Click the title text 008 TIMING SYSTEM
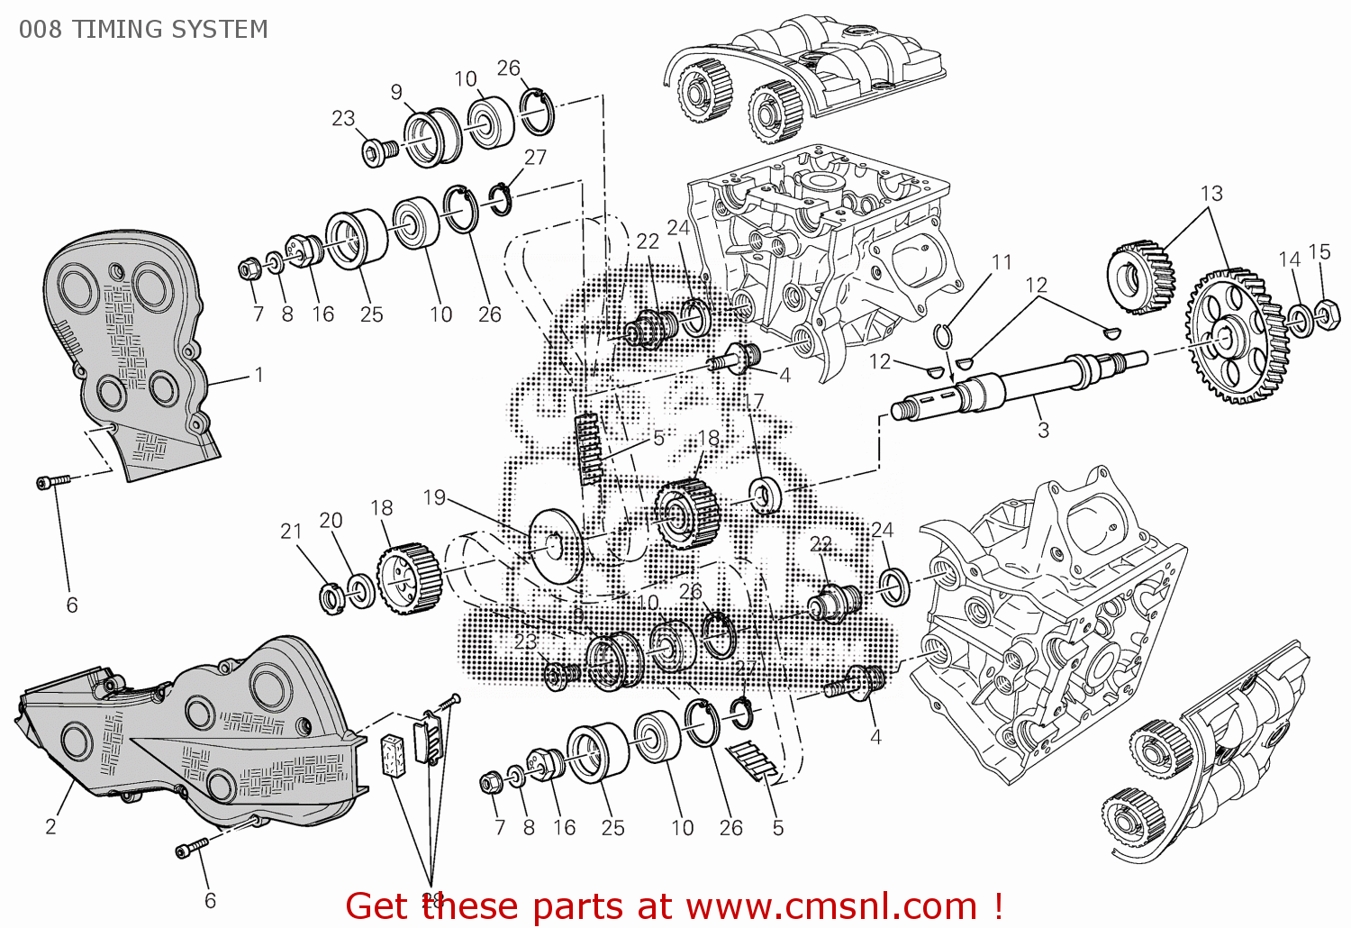click(x=143, y=30)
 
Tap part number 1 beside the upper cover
click(x=259, y=375)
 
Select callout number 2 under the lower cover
click(x=51, y=826)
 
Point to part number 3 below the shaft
click(x=1043, y=430)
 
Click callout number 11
click(x=1002, y=262)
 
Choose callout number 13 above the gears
click(x=1211, y=194)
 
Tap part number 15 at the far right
click(x=1319, y=252)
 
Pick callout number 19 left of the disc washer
click(x=434, y=497)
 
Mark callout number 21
click(x=291, y=532)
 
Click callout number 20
click(x=331, y=521)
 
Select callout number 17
click(x=753, y=402)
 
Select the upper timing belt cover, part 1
click(x=126, y=351)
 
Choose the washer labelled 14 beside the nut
click(x=1299, y=320)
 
